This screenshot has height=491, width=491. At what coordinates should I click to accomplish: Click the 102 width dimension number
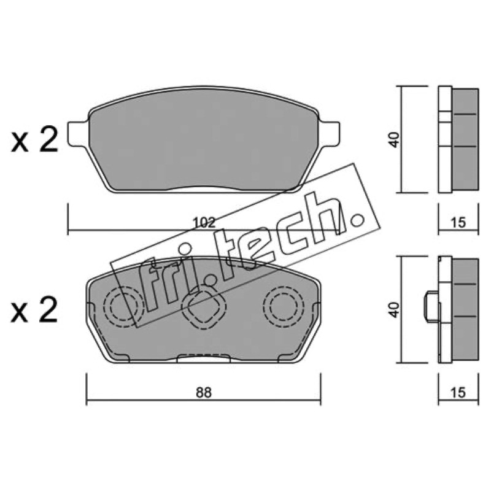click(204, 223)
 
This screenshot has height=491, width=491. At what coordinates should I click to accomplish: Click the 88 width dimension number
click(204, 392)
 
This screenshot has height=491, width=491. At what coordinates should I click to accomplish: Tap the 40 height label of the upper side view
click(395, 140)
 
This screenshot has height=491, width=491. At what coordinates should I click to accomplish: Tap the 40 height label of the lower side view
click(395, 310)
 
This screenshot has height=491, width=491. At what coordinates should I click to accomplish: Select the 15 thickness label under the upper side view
click(458, 223)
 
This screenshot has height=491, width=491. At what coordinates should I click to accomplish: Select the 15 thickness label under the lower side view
click(458, 392)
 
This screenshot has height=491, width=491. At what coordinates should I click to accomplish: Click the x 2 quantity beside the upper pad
click(35, 140)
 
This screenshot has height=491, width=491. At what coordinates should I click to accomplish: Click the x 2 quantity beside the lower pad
click(35, 309)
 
